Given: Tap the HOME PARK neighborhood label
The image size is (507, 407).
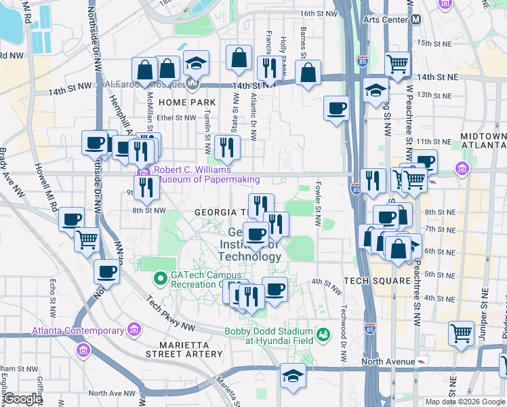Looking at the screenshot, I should (178, 102).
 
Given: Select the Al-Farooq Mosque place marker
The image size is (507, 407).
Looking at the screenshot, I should (192, 85).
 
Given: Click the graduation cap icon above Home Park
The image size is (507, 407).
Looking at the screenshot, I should (196, 64).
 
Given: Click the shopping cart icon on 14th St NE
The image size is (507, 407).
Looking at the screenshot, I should (397, 64).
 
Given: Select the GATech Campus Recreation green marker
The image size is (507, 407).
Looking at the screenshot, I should (161, 277).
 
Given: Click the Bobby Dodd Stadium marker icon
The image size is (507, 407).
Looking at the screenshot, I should (324, 334).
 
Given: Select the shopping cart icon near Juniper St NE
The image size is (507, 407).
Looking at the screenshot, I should (461, 334).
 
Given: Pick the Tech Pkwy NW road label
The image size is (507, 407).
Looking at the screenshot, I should (169, 304).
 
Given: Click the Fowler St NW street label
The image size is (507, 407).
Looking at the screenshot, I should (317, 203).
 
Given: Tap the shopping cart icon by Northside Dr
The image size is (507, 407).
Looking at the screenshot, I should (87, 239).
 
